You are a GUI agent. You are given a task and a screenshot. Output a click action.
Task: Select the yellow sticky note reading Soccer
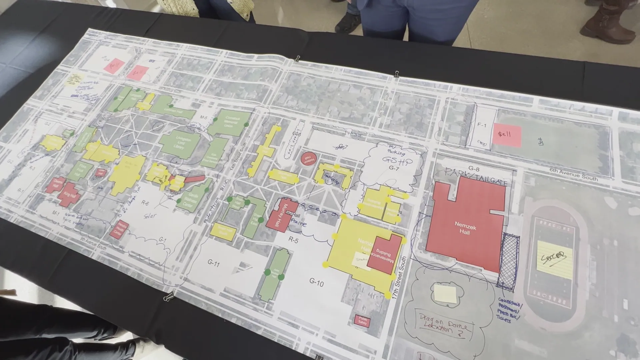pos(554,259)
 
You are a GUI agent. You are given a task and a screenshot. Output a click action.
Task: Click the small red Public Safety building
pos(362,321)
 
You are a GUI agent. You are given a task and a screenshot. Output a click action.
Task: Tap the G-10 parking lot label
pos(316,283)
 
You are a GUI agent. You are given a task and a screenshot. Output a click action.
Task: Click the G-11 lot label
pos(213,263)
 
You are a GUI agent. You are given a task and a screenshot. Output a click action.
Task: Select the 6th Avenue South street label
pos(573,174)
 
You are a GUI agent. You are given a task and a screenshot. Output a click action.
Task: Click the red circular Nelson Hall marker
pos(309,159)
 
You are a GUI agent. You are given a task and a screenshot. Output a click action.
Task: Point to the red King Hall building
pos(69,194)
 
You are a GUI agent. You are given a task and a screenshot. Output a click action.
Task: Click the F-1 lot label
pos(482,125)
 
